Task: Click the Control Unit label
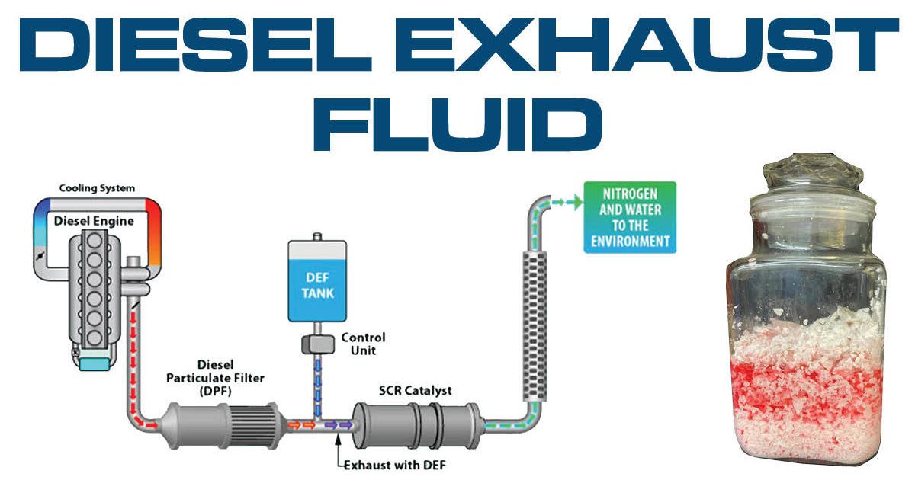pyautogui.click(x=363, y=344)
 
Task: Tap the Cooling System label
pyautogui.click(x=97, y=188)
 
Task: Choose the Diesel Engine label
pyautogui.click(x=94, y=221)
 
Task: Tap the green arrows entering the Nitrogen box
pyautogui.click(x=564, y=202)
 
